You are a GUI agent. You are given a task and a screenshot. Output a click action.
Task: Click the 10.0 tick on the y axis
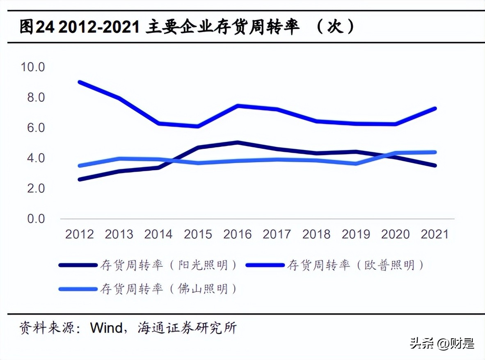pyautogui.click(x=33, y=67)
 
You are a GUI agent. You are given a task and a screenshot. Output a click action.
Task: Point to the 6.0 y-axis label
pyautogui.click(x=36, y=128)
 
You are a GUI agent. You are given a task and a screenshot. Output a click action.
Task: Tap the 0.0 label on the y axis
pyautogui.click(x=36, y=219)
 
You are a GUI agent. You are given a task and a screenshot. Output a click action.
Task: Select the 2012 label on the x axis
pyautogui.click(x=80, y=234)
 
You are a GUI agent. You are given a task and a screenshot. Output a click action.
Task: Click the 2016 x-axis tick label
pyautogui.click(x=237, y=234)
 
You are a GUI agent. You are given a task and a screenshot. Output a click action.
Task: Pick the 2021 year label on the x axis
pyautogui.click(x=435, y=234)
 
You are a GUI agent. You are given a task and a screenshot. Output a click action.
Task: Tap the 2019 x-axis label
pyautogui.click(x=356, y=234)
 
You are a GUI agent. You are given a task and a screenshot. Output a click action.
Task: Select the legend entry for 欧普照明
pyautogui.click(x=355, y=265)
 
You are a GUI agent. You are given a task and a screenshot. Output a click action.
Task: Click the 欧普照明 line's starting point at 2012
pyautogui.click(x=80, y=82)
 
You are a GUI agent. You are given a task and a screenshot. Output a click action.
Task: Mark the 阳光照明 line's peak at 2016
pyautogui.click(x=237, y=142)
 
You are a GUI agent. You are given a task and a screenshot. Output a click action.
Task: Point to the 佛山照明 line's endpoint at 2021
pyautogui.click(x=435, y=152)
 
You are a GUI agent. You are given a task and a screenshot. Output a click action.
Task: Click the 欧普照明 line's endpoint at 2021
pyautogui.click(x=435, y=109)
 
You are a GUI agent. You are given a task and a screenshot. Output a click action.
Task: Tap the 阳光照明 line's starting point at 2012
pyautogui.click(x=80, y=179)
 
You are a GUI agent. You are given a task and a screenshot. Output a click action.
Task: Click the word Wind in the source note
pyautogui.click(x=106, y=328)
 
